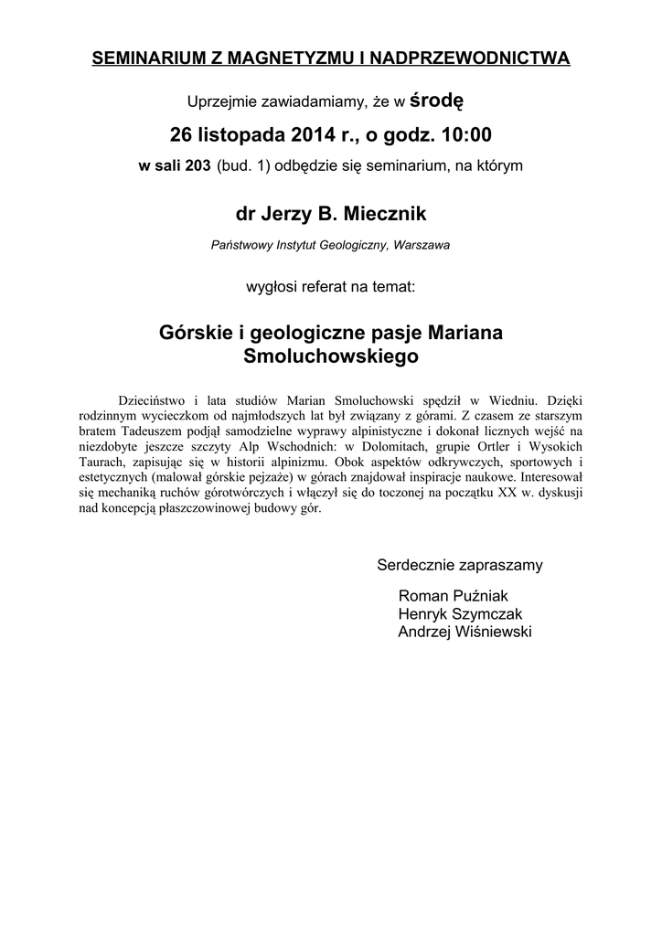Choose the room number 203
[x=198, y=165]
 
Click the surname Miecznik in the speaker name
[x=383, y=215]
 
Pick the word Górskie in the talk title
[x=190, y=333]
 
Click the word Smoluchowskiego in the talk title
[x=331, y=356]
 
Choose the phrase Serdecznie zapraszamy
[x=460, y=565]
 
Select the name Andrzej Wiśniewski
[x=464, y=632]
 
